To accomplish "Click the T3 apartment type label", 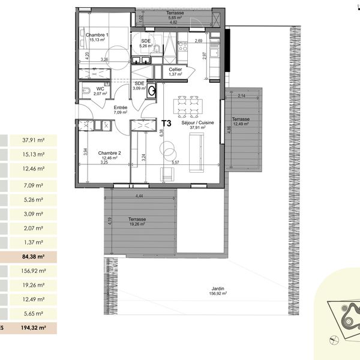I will (167, 124).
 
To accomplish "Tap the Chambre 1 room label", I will (97, 35).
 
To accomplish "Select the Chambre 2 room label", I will (110, 153).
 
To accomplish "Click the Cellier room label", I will (175, 70).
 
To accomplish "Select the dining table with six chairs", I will (185, 106).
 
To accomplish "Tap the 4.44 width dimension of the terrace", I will (139, 196).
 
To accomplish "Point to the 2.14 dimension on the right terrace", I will (242, 96).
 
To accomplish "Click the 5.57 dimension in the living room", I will (175, 163).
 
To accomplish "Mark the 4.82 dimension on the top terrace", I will (174, 22).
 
